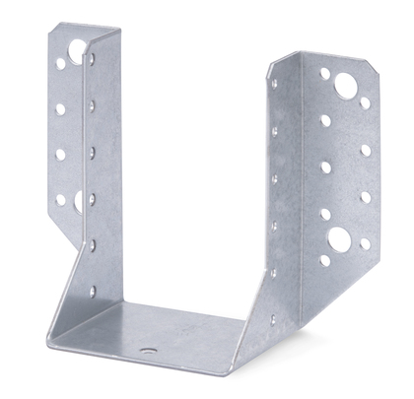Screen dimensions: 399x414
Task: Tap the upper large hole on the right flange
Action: coord(345,87)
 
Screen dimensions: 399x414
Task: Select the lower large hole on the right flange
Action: coord(339,237)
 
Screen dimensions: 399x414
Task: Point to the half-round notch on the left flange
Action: coord(76,201)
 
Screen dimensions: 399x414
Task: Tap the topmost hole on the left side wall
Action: coord(90,59)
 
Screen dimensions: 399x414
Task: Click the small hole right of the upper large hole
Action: coord(366,101)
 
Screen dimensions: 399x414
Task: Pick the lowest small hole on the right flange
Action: coord(324,261)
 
